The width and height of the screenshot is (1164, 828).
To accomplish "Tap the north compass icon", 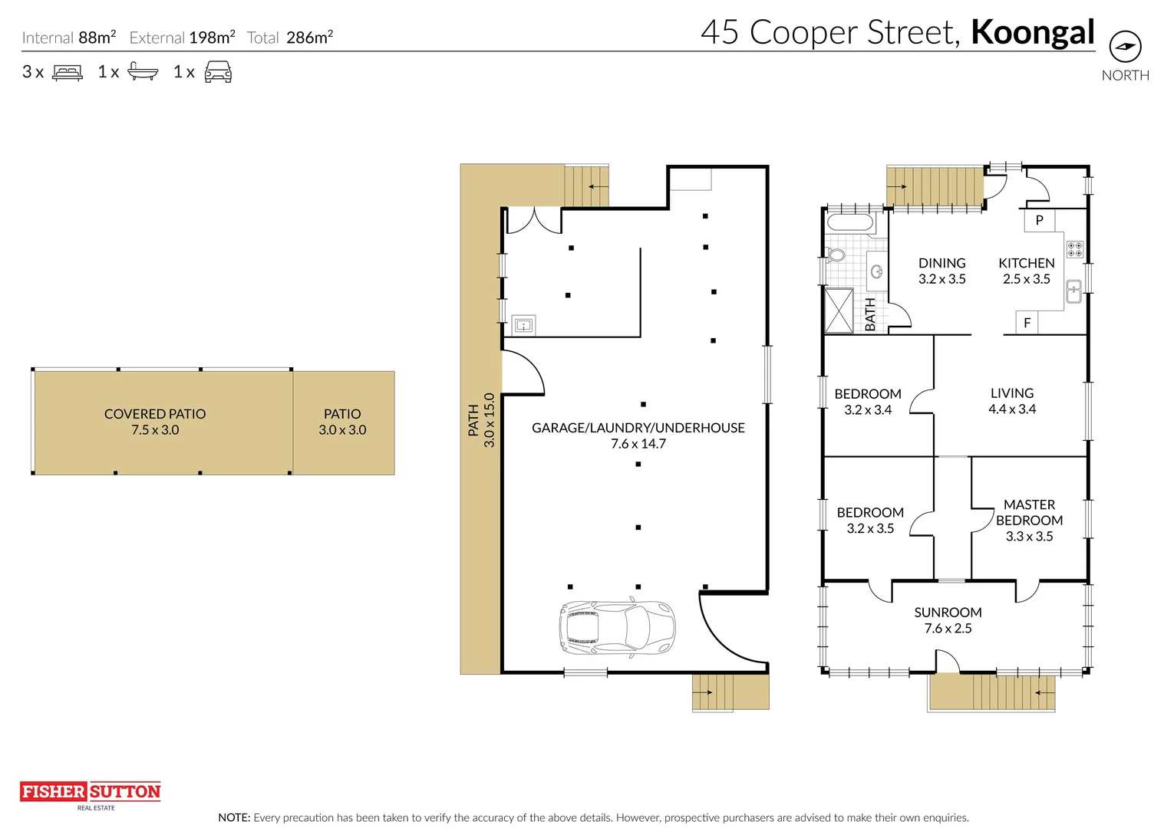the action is (x=1125, y=46).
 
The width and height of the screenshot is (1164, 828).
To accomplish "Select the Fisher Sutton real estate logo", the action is (x=91, y=795).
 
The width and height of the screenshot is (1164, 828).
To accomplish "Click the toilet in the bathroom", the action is (x=835, y=255).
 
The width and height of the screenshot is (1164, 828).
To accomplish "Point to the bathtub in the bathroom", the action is (x=850, y=222).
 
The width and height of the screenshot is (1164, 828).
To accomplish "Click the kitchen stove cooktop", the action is (x=1075, y=249).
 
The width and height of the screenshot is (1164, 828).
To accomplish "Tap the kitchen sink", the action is (x=1073, y=291).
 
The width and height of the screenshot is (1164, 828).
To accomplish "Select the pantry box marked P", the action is (x=1039, y=220).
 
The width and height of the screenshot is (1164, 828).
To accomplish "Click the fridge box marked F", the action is (x=1027, y=323).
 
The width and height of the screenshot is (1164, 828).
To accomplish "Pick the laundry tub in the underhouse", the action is (x=523, y=326).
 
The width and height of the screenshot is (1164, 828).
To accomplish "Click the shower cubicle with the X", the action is (x=839, y=310).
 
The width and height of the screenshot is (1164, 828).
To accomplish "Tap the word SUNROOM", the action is (x=948, y=613).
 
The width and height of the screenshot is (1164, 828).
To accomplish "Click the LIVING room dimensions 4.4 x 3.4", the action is (x=1012, y=409).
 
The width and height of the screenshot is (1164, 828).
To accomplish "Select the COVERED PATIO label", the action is (x=155, y=414).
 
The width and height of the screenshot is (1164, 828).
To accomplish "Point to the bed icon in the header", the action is (x=68, y=72).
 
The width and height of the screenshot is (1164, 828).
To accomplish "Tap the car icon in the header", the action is (x=218, y=71).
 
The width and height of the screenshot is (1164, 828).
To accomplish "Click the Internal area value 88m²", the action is (x=97, y=38).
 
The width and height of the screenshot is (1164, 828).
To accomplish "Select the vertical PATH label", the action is (x=473, y=420).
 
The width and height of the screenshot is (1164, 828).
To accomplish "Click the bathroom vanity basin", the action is (x=876, y=271).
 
